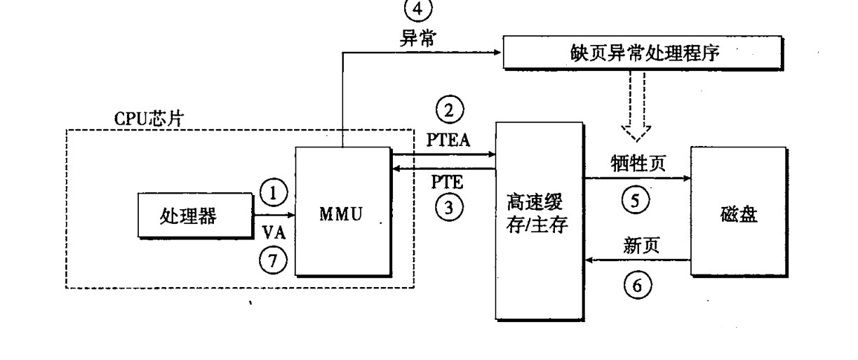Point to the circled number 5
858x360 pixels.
coord(636,200)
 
